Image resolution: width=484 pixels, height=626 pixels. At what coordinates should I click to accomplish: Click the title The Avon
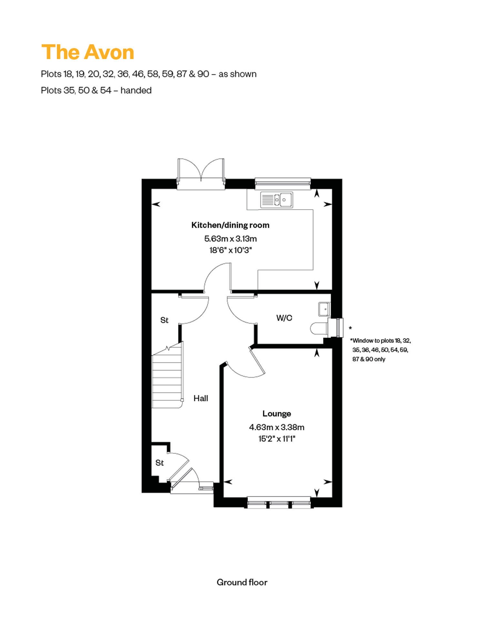pos(88,52)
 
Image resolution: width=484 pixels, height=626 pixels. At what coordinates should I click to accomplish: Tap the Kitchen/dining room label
pos(230,225)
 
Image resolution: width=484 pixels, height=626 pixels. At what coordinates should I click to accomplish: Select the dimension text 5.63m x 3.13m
pos(230,239)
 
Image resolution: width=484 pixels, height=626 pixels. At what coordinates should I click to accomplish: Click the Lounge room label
pos(277,414)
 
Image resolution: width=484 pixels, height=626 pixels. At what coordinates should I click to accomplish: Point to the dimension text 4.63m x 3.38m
pos(277,427)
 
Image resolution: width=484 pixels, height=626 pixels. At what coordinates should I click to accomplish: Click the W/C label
pos(284,318)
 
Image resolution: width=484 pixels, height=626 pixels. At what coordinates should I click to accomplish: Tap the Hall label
pos(201,398)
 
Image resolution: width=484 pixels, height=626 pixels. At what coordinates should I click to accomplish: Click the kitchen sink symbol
pos(277,200)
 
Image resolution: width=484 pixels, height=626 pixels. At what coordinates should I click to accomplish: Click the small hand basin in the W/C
pos(324,309)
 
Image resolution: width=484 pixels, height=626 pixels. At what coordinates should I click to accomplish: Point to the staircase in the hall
pos(167,376)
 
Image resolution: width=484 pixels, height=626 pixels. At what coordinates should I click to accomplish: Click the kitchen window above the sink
pos(283,183)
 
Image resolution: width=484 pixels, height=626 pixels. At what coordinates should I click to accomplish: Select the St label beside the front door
pos(159,463)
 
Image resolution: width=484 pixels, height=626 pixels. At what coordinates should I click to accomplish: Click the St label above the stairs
pos(164,320)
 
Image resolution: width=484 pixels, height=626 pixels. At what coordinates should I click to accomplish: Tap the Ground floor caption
pos(242,582)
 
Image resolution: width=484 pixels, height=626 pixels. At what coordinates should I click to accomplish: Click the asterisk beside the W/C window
pos(350,328)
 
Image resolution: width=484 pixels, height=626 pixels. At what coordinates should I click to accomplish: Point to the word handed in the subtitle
pos(136,90)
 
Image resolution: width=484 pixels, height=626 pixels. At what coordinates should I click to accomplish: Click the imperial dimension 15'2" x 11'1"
pos(277,439)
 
